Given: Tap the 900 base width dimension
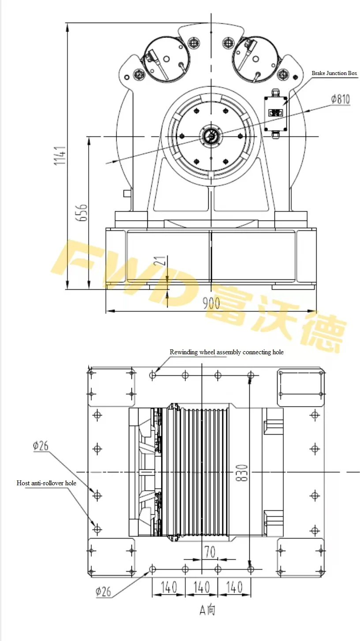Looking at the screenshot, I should click(211, 303).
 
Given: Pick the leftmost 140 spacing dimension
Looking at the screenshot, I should click(169, 587).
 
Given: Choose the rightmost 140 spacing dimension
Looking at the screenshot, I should click(234, 587).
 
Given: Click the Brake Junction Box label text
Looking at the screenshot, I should click(334, 73).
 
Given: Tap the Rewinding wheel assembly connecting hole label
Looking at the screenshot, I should click(226, 352).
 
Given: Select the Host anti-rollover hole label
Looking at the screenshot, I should click(46, 483).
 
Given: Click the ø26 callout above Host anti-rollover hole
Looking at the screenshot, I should click(40, 446).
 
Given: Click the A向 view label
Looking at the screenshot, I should click(207, 610).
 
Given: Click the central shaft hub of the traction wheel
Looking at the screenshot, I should click(211, 136).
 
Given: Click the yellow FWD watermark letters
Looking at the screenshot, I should click(128, 274).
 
